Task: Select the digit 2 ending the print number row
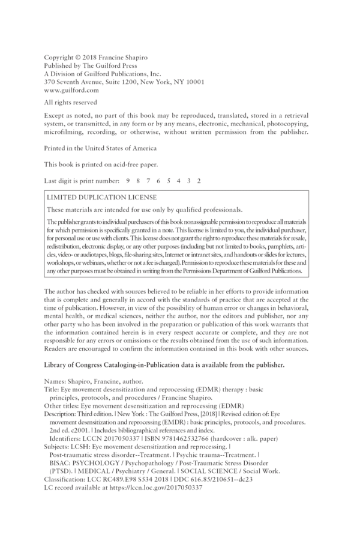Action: [199, 180]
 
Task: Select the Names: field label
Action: [56, 381]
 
